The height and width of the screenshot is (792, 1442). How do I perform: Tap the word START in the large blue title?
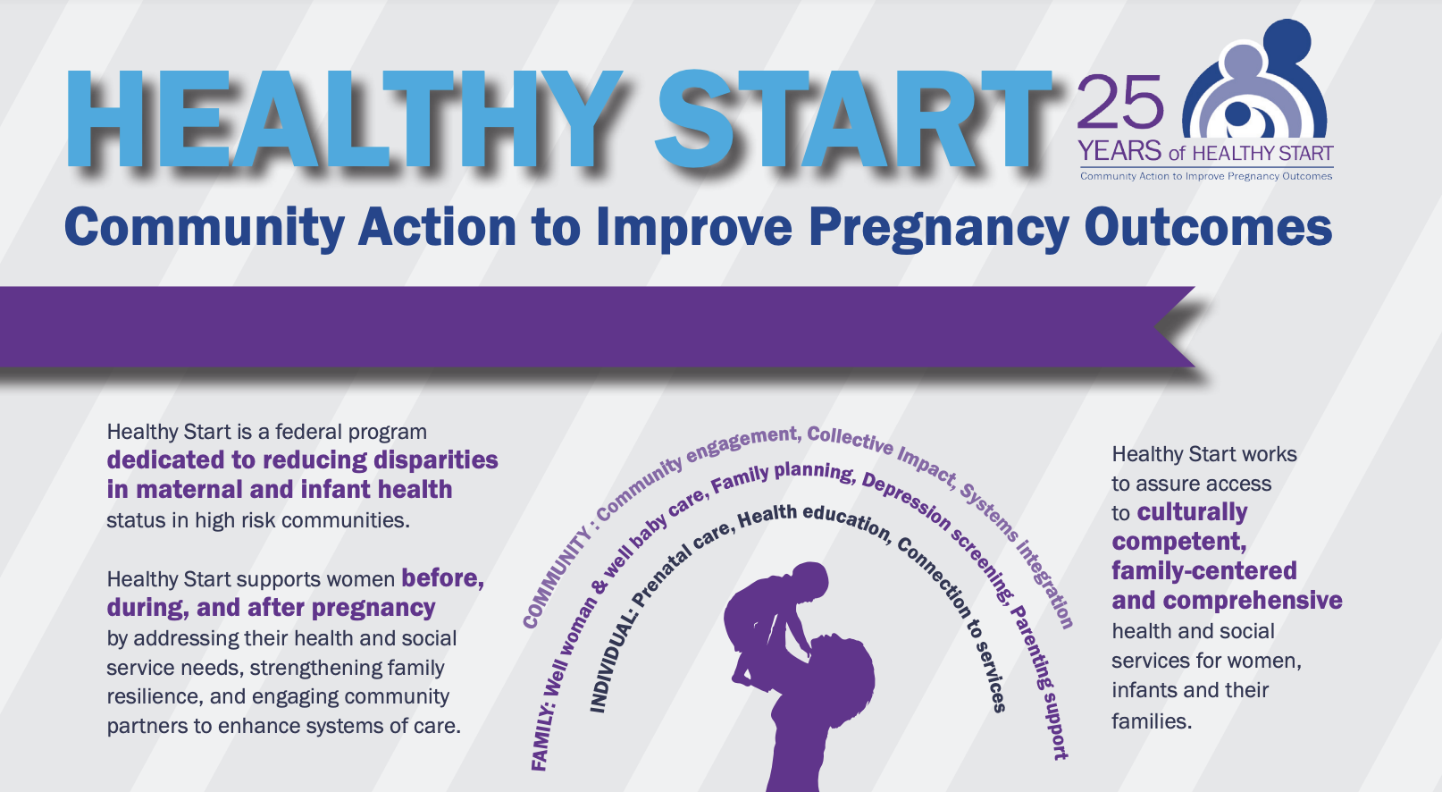[x=854, y=119]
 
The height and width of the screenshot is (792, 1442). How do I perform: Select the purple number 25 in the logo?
[x=1120, y=102]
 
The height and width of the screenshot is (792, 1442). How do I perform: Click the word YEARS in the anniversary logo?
[x=1119, y=151]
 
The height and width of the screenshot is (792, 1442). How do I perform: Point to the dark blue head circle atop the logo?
[x=1287, y=43]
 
